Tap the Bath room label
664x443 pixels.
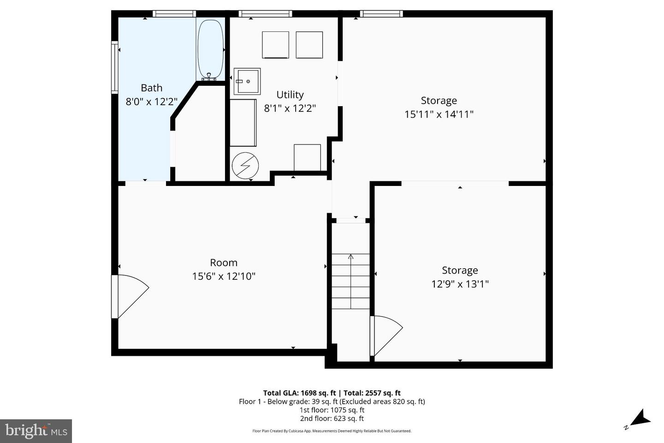[x=151, y=88]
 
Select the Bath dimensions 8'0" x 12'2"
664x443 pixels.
[x=151, y=102]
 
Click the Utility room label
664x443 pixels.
[x=290, y=95]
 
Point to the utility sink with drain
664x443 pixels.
[x=247, y=81]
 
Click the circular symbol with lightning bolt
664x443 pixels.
[x=245, y=165]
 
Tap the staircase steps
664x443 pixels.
[x=351, y=281]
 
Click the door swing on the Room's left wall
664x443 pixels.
[x=130, y=295]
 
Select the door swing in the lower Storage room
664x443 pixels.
[x=386, y=335]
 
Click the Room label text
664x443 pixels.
[x=224, y=263]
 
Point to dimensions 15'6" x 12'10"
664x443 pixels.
[x=224, y=276]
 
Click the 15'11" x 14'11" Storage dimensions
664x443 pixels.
[x=439, y=114]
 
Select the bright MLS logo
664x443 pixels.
[x=36, y=431]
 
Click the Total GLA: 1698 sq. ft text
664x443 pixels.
[x=299, y=393]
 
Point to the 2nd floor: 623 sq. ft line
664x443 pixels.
[x=332, y=419]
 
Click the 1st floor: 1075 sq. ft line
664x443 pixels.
[x=332, y=410]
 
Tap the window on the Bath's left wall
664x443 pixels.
[x=115, y=67]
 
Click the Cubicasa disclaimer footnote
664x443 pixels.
[x=332, y=431]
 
